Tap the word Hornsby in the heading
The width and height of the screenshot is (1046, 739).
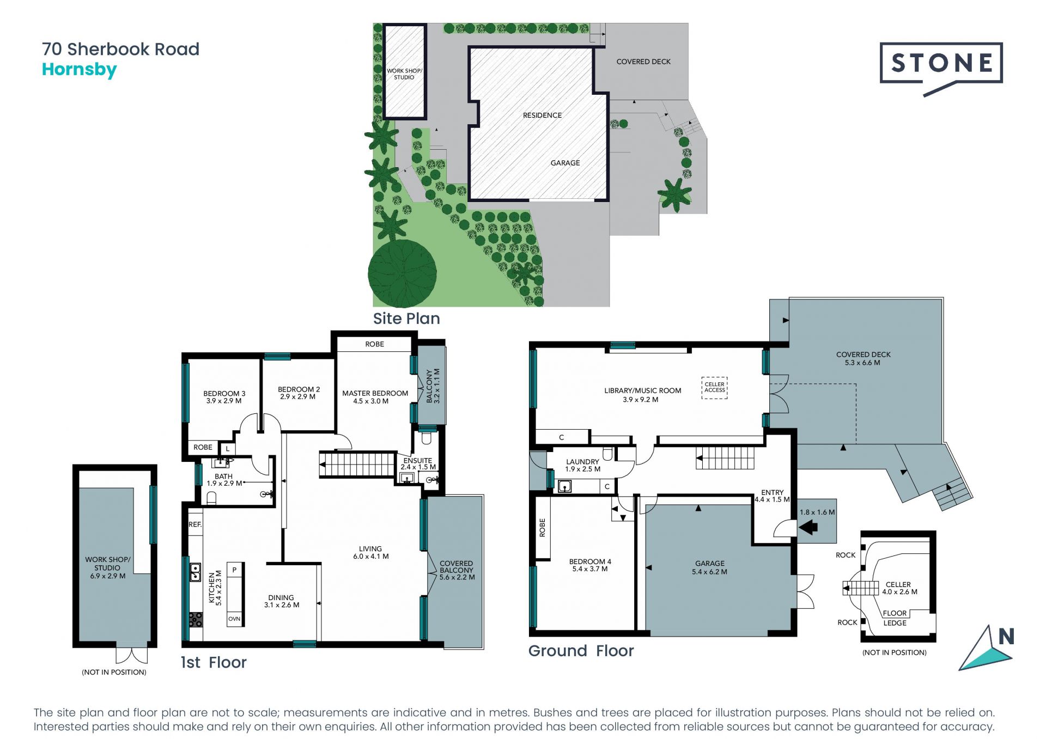[80, 70]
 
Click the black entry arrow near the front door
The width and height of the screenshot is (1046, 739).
[808, 527]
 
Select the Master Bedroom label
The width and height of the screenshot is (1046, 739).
[375, 397]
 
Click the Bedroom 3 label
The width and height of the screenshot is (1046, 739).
[224, 397]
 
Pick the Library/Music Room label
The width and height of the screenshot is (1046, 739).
[642, 395]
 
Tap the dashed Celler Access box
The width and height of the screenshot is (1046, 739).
[714, 387]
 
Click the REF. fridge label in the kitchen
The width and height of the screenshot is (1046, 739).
[195, 524]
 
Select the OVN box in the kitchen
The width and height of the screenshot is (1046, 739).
[234, 619]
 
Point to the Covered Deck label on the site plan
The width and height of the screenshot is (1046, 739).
[643, 62]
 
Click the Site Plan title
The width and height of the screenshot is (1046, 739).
[406, 319]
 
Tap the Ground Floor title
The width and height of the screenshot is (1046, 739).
[581, 651]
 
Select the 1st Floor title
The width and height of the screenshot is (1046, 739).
[214, 662]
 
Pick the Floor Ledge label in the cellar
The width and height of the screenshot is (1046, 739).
[895, 618]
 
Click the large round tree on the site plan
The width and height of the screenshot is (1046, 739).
[402, 273]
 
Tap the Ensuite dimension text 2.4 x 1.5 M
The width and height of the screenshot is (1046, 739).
[418, 467]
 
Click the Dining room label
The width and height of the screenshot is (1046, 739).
[281, 601]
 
